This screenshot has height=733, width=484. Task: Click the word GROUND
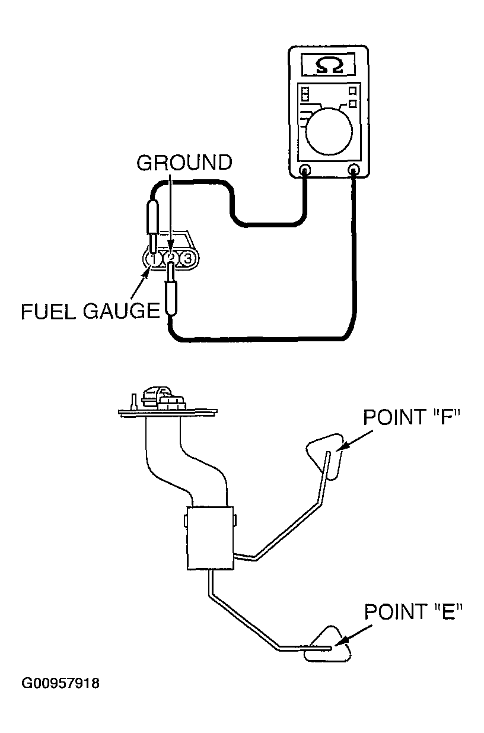[184, 163]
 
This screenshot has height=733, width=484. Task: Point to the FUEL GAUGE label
[90, 310]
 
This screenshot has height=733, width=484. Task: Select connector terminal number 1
[153, 259]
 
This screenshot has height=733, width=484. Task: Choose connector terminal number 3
[187, 259]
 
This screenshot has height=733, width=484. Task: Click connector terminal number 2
[170, 259]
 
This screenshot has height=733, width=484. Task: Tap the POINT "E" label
[413, 611]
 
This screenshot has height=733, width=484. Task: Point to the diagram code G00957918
[60, 684]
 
